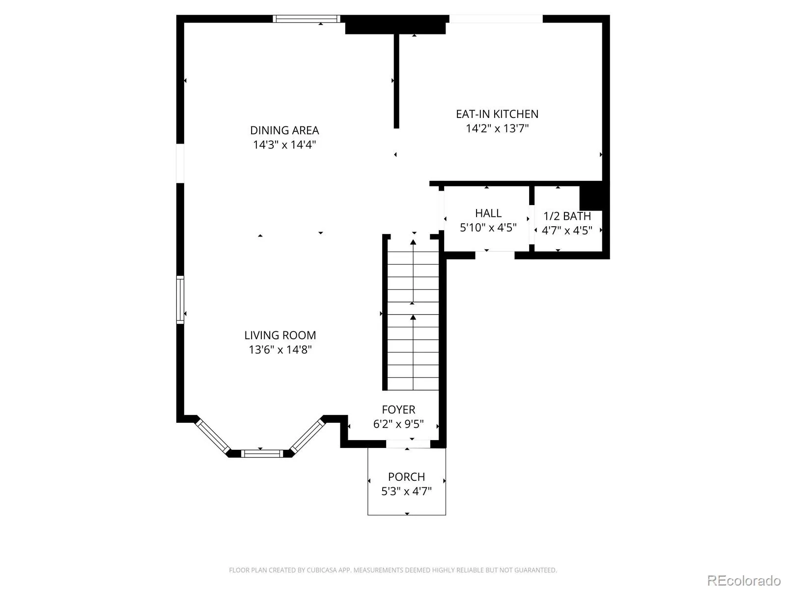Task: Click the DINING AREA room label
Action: coord(284,130)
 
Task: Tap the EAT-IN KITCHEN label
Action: coord(497,114)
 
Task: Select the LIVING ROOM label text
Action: coord(280,335)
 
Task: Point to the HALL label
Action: coord(488,213)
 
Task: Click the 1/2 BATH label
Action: coord(567,216)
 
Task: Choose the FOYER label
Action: coord(398,410)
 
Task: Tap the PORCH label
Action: coord(406,477)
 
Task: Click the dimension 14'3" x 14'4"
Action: coord(284,145)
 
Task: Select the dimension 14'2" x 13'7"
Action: coord(497,128)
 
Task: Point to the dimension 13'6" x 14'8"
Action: coord(280,350)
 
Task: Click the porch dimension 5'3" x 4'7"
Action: coord(406,491)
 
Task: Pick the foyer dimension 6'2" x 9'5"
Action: coord(398,424)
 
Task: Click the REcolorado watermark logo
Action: coord(744,580)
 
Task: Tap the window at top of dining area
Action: coord(306,19)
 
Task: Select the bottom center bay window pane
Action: coord(262,454)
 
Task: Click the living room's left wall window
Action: coord(180,300)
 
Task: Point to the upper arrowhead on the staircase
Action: coord(413,242)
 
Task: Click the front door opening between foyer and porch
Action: coord(408,444)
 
